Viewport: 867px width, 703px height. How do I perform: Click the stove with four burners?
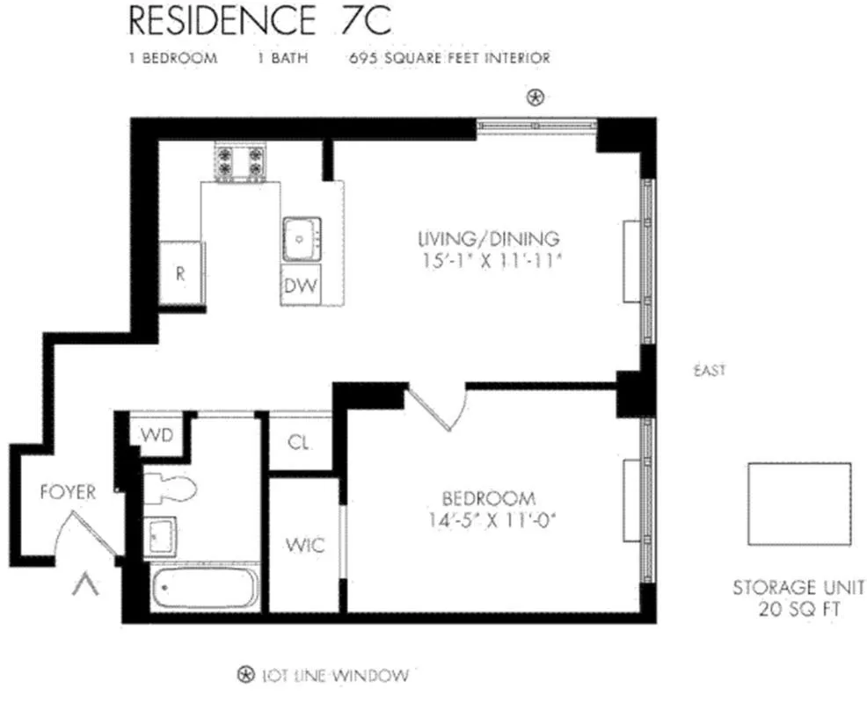pyautogui.click(x=240, y=162)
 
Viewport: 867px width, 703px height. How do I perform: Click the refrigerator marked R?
pyautogui.click(x=181, y=273)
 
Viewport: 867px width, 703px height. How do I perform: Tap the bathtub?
pyautogui.click(x=204, y=588)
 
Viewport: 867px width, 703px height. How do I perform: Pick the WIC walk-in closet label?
pyautogui.click(x=304, y=546)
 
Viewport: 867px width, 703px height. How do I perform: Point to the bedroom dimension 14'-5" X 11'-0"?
pyautogui.click(x=490, y=518)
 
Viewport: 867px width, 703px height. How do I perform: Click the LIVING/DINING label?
pyautogui.click(x=488, y=238)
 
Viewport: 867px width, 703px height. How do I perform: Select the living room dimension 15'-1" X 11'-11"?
pyautogui.click(x=488, y=260)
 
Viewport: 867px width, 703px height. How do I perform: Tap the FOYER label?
pyautogui.click(x=68, y=492)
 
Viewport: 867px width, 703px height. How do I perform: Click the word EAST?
pyautogui.click(x=709, y=371)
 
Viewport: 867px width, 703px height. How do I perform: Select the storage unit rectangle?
pyautogui.click(x=798, y=504)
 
